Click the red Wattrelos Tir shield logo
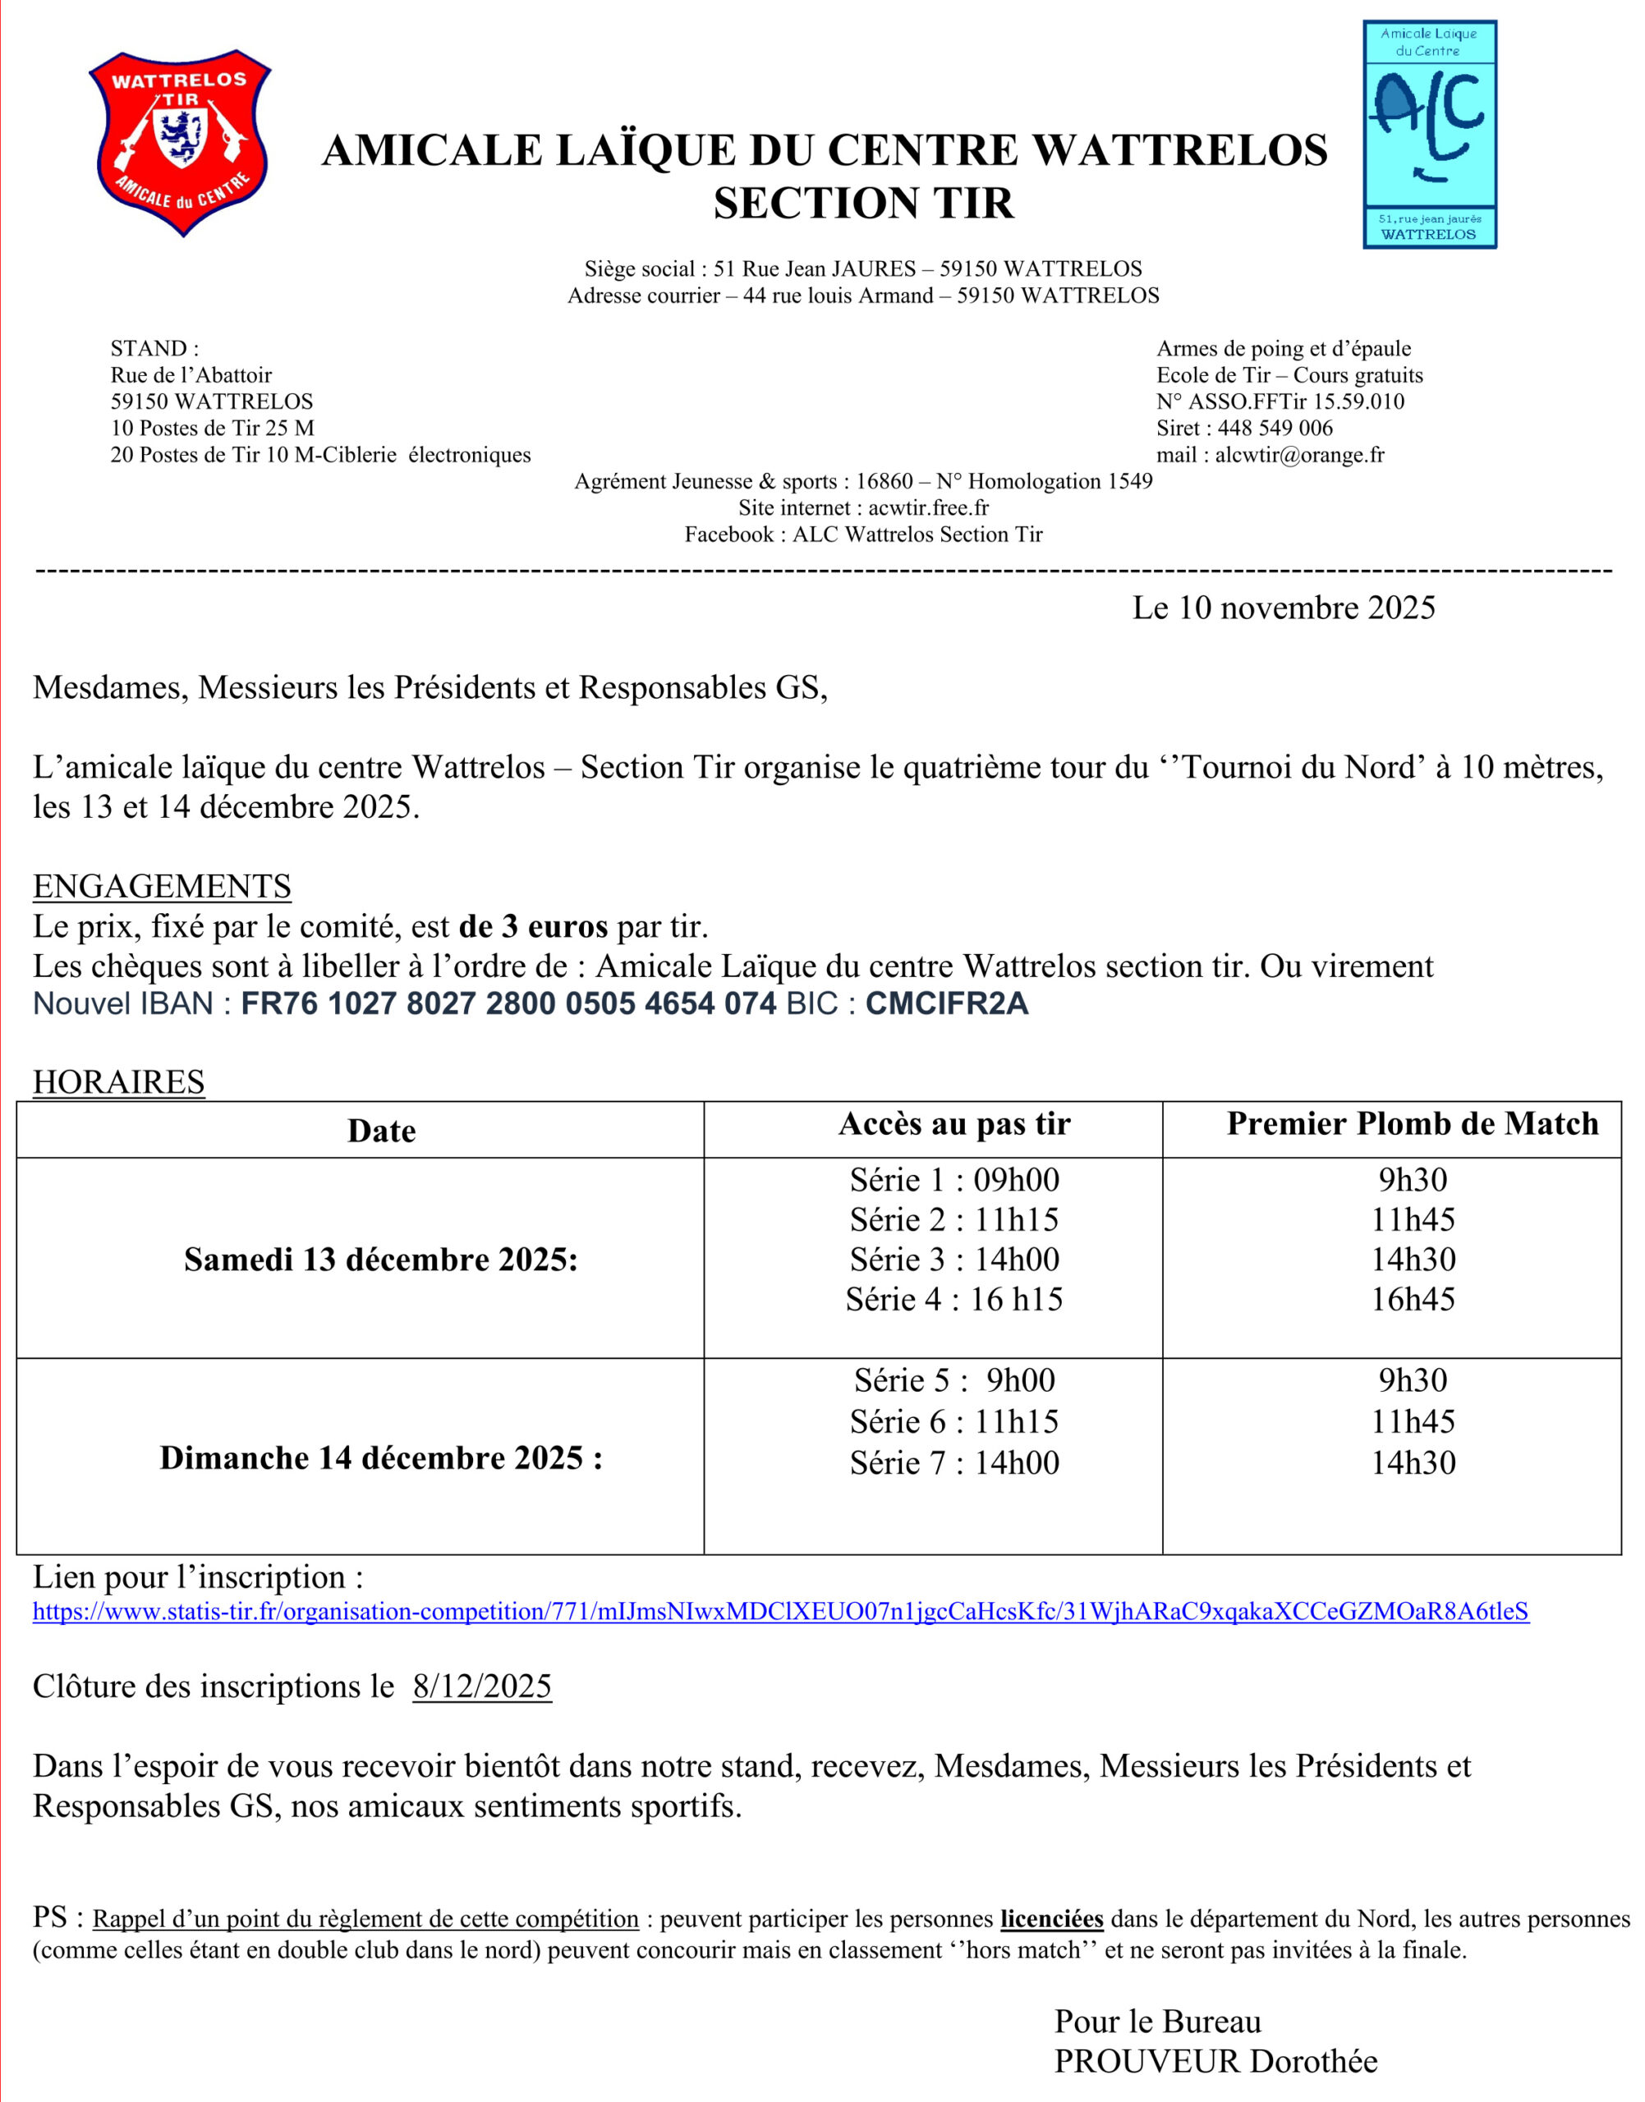coord(180,143)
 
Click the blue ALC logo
coord(1429,135)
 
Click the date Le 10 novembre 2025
coord(1283,608)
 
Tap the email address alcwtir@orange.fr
coord(1299,455)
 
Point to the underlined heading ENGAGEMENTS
coord(162,886)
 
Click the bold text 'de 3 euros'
coord(534,926)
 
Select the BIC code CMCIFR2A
coord(947,1004)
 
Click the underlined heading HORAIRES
coord(118,1082)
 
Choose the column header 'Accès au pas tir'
coord(953,1124)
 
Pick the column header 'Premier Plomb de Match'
coord(1412,1124)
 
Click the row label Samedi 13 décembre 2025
coord(380,1260)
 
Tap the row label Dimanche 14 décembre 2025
coord(380,1457)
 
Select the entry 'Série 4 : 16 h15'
coord(953,1300)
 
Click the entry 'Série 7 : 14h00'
coord(953,1462)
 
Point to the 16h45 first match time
coord(1413,1300)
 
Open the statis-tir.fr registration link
coord(780,1612)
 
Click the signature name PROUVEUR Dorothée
coord(1215,2062)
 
